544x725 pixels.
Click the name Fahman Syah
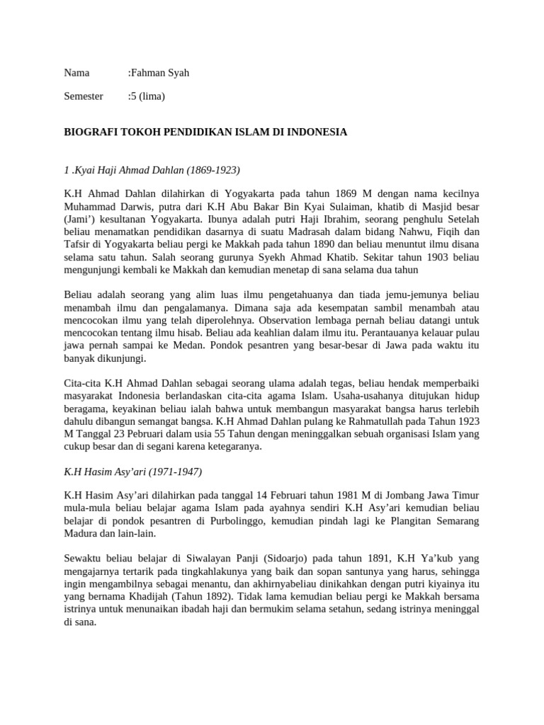pyautogui.click(x=160, y=73)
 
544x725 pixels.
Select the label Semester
pyautogui.click(x=84, y=96)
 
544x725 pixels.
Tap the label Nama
pyautogui.click(x=77, y=73)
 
